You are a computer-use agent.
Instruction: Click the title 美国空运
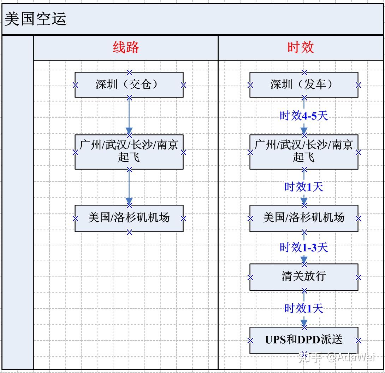(35, 19)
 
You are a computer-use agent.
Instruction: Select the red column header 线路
(126, 47)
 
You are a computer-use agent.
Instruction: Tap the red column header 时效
(301, 47)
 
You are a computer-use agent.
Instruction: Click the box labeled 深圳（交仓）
(129, 84)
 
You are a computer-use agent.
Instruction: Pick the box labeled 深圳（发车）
(304, 84)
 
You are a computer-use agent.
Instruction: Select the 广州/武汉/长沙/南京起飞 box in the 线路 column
(129, 151)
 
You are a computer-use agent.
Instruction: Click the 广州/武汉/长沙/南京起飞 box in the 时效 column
(304, 151)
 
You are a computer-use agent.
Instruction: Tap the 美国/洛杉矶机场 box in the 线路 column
(129, 218)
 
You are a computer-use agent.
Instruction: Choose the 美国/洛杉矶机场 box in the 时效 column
(304, 218)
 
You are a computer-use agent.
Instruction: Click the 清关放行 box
(304, 277)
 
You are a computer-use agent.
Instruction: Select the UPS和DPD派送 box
(304, 340)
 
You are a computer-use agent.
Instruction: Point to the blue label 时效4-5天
(304, 116)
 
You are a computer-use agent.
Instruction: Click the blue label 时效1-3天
(304, 247)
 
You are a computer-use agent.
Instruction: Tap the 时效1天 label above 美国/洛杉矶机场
(304, 187)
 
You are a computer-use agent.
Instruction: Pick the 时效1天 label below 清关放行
(304, 308)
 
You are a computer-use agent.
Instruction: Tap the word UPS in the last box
(275, 340)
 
